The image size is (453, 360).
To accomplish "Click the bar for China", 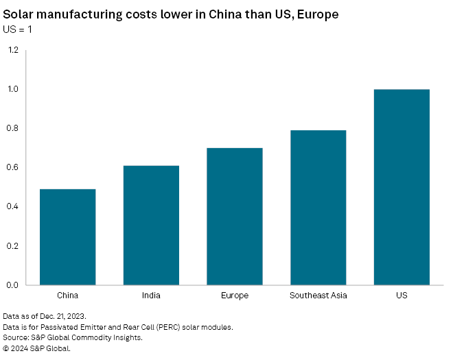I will [x=67, y=237].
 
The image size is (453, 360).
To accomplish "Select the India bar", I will [x=151, y=225].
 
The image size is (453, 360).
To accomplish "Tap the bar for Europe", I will [x=235, y=216].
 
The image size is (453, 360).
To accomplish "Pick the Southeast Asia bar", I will [x=318, y=207].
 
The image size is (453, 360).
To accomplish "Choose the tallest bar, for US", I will [x=402, y=187].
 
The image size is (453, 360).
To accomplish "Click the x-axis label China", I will [x=67, y=296].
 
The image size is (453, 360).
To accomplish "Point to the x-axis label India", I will [x=151, y=296].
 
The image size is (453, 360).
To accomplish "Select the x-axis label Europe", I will [x=235, y=296].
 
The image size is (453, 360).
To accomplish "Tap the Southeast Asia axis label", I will [x=318, y=296].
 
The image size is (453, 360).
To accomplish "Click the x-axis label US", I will [x=402, y=296].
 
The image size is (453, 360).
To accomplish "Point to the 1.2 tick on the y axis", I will [x=13, y=50].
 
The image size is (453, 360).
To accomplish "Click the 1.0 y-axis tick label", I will [x=13, y=89].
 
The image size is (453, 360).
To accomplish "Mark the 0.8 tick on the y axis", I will [x=13, y=128].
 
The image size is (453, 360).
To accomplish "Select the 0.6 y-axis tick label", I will [x=13, y=167].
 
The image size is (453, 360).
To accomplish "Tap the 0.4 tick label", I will [x=13, y=206].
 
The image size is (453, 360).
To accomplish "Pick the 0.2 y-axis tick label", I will [x=13, y=245].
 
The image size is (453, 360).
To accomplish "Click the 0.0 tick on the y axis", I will [x=13, y=285].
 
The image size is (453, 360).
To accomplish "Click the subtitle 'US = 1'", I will [x=19, y=29].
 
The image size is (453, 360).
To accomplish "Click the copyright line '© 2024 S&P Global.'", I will [x=37, y=348].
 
